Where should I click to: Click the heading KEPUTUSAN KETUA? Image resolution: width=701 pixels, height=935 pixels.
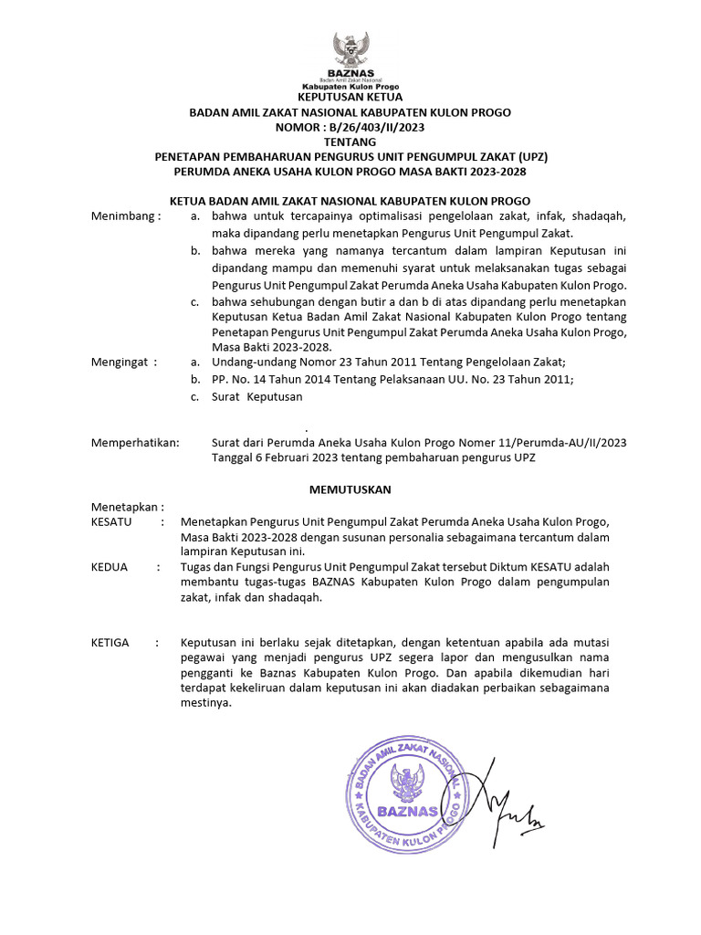pyautogui.click(x=350, y=97)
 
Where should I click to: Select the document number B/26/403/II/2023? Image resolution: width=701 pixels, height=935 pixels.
pyautogui.click(x=373, y=127)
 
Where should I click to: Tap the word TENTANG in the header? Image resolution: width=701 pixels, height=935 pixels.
pyautogui.click(x=350, y=142)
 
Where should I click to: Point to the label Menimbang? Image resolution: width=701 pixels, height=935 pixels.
pyautogui.click(x=125, y=216)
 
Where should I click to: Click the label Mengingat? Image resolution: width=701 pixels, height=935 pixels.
pyautogui.click(x=123, y=362)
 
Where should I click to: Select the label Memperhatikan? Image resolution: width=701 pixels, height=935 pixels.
pyautogui.click(x=136, y=443)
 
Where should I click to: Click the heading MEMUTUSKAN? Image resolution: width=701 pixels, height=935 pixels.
pyautogui.click(x=350, y=490)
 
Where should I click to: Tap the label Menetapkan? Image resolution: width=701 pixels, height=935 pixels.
pyautogui.click(x=127, y=507)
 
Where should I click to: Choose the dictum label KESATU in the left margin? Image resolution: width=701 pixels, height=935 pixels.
pyautogui.click(x=112, y=521)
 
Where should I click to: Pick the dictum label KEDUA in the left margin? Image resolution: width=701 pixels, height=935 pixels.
pyautogui.click(x=110, y=567)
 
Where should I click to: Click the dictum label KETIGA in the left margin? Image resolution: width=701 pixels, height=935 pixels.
pyautogui.click(x=110, y=643)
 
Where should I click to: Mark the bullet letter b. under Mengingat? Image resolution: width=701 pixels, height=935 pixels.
pyautogui.click(x=194, y=380)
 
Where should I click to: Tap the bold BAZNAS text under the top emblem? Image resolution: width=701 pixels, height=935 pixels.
pyautogui.click(x=350, y=73)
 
